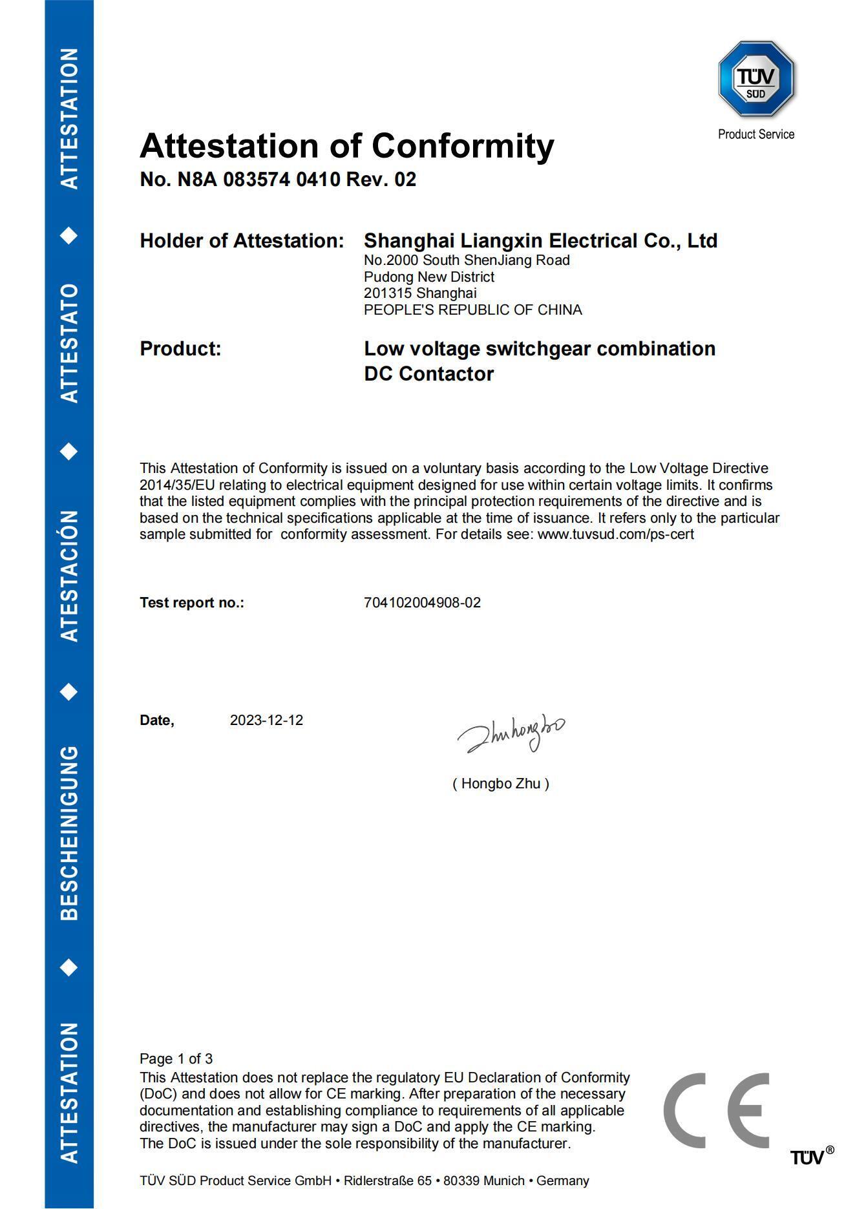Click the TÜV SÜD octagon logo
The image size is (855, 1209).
(x=755, y=79)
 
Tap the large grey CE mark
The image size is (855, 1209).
(x=716, y=1110)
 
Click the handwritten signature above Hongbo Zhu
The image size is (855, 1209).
(x=511, y=733)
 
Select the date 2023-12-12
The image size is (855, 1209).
(x=266, y=720)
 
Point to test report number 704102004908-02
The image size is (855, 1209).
(x=422, y=603)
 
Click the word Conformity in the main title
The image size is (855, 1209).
(x=462, y=146)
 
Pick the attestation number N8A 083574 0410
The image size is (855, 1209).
(x=258, y=180)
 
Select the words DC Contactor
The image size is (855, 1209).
(x=428, y=374)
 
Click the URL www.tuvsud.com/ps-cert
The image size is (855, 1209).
(x=615, y=534)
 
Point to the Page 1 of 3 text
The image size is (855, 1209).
(x=176, y=1059)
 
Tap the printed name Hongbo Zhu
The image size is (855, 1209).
(x=501, y=784)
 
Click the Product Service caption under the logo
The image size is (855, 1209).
(x=755, y=134)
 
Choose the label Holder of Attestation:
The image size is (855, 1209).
(x=242, y=241)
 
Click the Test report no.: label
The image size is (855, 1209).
(x=192, y=603)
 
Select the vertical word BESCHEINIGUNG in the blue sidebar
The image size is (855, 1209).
(x=69, y=833)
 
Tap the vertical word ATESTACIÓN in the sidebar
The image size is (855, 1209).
(x=69, y=576)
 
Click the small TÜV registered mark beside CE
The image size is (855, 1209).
(x=811, y=1156)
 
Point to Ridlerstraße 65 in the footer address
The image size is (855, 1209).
(x=387, y=1181)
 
